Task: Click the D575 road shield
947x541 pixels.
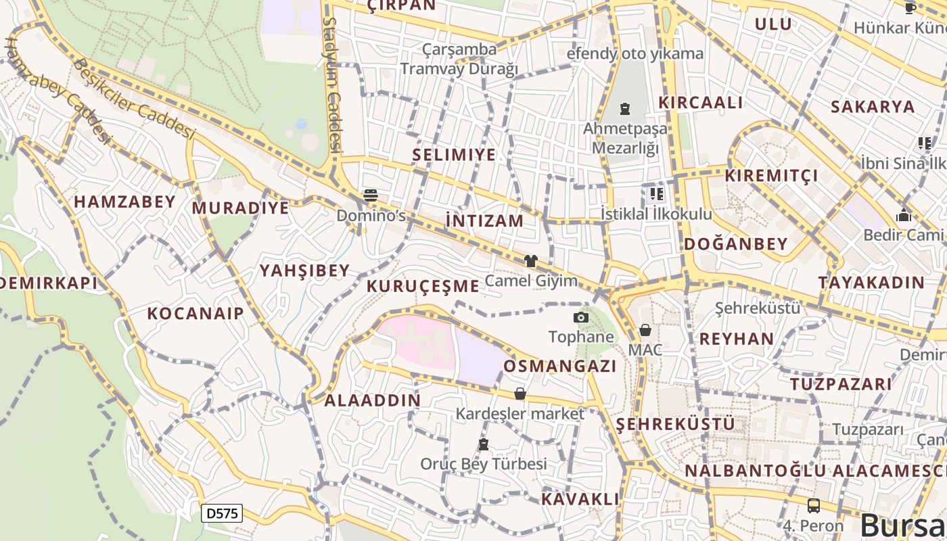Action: [x=222, y=513]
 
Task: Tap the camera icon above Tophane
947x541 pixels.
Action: [x=580, y=318]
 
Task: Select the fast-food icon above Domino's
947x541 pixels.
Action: [x=370, y=196]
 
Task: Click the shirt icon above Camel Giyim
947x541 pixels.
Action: [x=530, y=261]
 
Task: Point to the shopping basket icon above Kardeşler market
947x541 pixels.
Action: [x=519, y=394]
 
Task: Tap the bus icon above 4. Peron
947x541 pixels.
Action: [x=814, y=506]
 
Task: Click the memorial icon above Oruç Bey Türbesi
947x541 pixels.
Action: [x=483, y=445]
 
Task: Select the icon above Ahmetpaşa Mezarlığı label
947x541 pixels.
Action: [x=624, y=109]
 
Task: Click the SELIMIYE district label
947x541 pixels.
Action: [x=454, y=155]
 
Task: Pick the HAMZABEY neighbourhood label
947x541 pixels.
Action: [x=124, y=202]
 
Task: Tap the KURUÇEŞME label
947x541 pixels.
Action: [x=423, y=286]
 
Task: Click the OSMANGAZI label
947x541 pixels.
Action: [x=559, y=367]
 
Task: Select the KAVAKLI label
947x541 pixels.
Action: [x=580, y=500]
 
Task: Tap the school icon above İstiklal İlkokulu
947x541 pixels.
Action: [x=655, y=195]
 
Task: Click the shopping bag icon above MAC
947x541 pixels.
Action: [x=645, y=331]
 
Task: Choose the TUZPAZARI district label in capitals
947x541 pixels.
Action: [x=841, y=384]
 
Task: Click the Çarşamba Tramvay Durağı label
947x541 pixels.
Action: [x=459, y=59]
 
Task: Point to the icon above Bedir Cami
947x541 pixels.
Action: [x=904, y=216]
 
